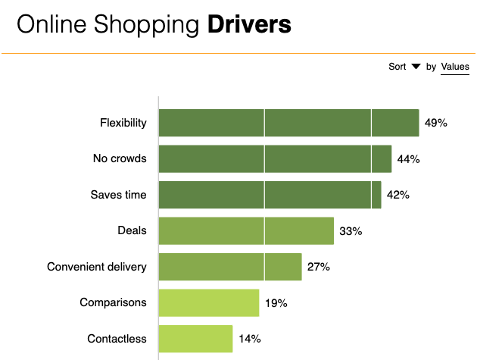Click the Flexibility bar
(288, 123)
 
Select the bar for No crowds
(275, 159)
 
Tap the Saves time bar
(270, 195)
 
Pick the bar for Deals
(246, 230)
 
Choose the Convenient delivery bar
(230, 267)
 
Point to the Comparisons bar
(209, 302)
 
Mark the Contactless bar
(195, 339)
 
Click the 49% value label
(436, 123)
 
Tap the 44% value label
(408, 159)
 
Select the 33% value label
(351, 231)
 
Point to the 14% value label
(249, 339)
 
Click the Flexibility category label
(123, 123)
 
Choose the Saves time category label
(118, 195)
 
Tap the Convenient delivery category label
(97, 267)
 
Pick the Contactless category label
(117, 339)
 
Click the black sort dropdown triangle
(416, 67)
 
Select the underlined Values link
(455, 67)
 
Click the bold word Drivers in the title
(249, 24)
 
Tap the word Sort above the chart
(397, 67)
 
